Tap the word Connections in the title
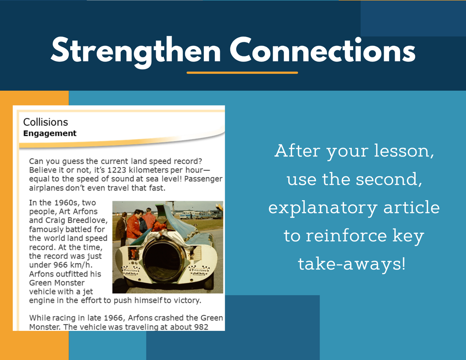323,50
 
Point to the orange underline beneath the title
242,72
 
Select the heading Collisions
46,122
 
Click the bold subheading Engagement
50,133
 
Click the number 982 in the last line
201,327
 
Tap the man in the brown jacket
121,228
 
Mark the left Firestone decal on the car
131,270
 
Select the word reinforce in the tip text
346,236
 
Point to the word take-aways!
352,264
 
